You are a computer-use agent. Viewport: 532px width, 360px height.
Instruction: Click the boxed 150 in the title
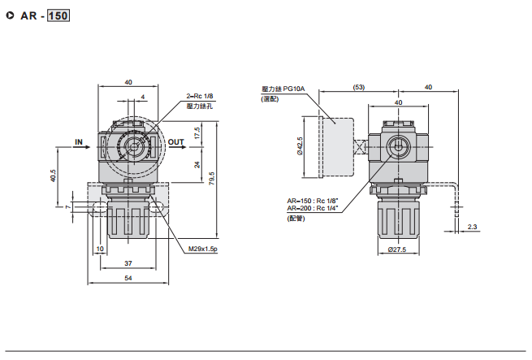point(58,15)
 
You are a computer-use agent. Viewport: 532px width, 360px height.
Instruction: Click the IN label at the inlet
point(80,142)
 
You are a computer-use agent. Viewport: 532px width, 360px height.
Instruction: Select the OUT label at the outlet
point(176,142)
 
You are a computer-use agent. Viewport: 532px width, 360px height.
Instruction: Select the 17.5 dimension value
point(197,132)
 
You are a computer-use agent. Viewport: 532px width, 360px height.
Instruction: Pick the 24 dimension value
point(197,164)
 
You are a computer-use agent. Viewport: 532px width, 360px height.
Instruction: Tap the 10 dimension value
point(101,249)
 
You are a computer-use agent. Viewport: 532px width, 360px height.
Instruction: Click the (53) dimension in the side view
point(359,87)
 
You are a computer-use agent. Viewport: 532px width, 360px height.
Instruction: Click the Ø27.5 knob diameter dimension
point(396,249)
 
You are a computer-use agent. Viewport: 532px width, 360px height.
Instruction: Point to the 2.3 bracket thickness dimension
point(474,227)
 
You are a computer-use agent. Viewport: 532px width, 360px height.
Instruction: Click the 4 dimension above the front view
point(144,97)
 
